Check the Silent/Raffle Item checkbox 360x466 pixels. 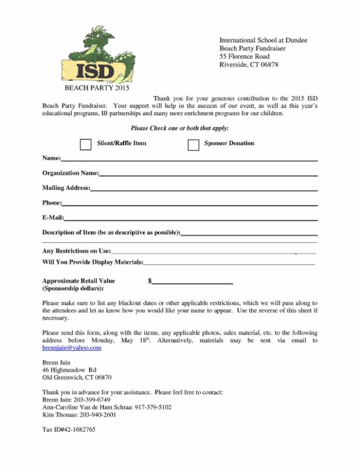tap(86, 144)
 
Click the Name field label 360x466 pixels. tap(51, 158)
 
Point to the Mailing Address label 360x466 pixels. tap(66, 188)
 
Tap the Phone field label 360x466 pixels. tap(52, 203)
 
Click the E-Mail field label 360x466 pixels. tap(52, 218)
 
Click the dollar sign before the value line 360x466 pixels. tap(150, 281)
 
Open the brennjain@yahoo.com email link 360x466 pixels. tap(72, 347)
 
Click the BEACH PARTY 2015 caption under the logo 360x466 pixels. tap(96, 89)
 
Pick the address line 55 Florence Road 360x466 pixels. tap(244, 57)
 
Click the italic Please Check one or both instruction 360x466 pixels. tap(179, 128)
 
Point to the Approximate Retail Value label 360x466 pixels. tap(79, 281)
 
